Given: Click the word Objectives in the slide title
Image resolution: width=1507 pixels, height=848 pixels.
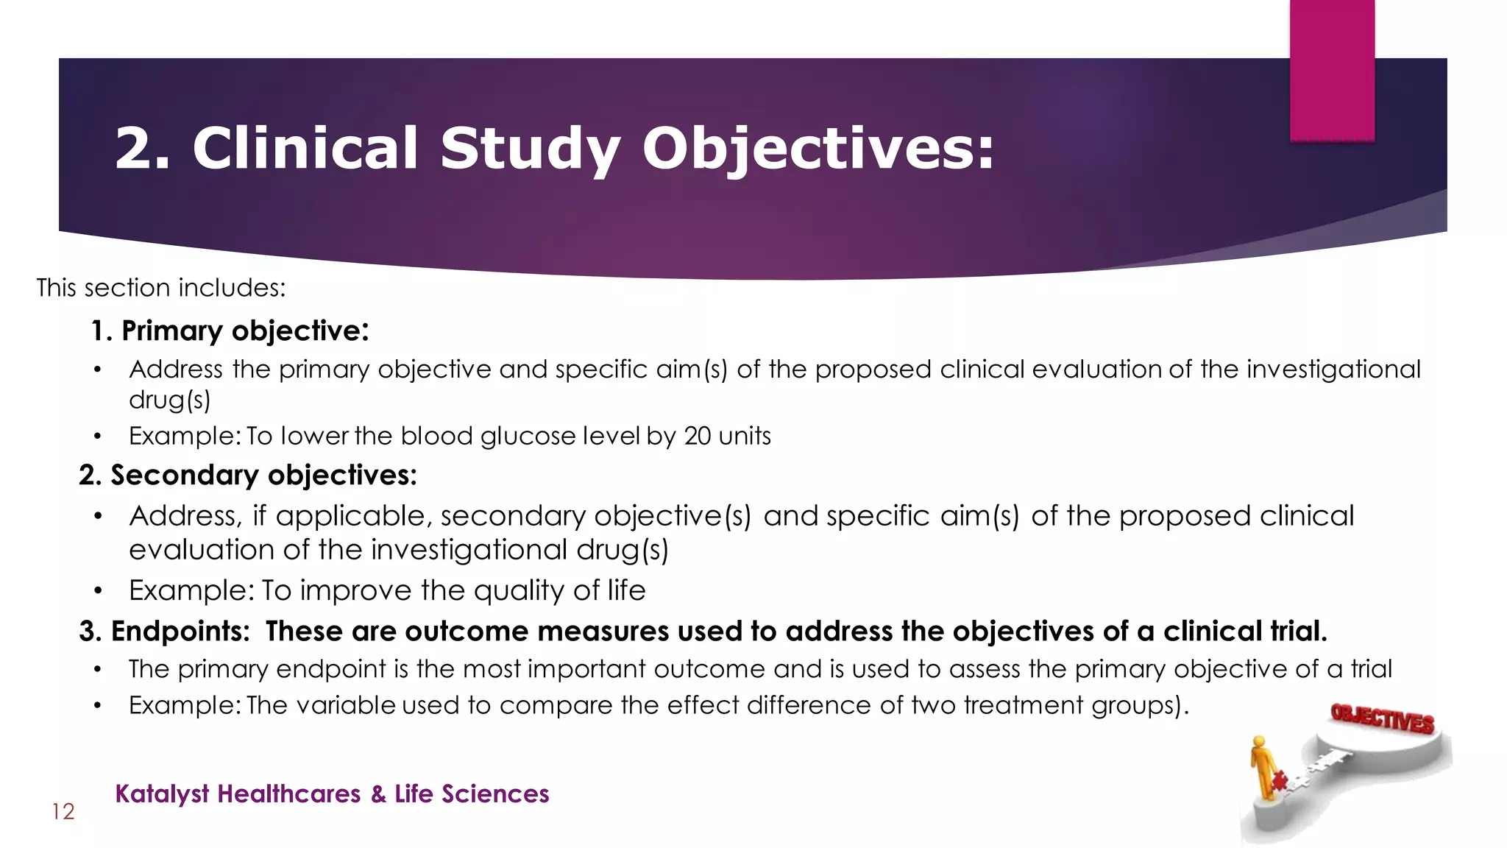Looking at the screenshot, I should pos(818,149).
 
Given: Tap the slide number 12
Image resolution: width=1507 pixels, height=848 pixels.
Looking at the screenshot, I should pos(63,812).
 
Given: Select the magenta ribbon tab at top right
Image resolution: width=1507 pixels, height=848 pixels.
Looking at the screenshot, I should pos(1332,70).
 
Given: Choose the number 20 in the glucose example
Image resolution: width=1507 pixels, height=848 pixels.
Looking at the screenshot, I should pos(698,437).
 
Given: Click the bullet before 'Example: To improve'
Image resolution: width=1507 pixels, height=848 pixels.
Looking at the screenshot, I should pos(98,591).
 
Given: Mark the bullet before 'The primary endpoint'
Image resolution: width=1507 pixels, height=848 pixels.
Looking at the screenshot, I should pos(98,669).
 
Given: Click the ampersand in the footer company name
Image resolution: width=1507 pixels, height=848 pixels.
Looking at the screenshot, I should pos(378,794).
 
